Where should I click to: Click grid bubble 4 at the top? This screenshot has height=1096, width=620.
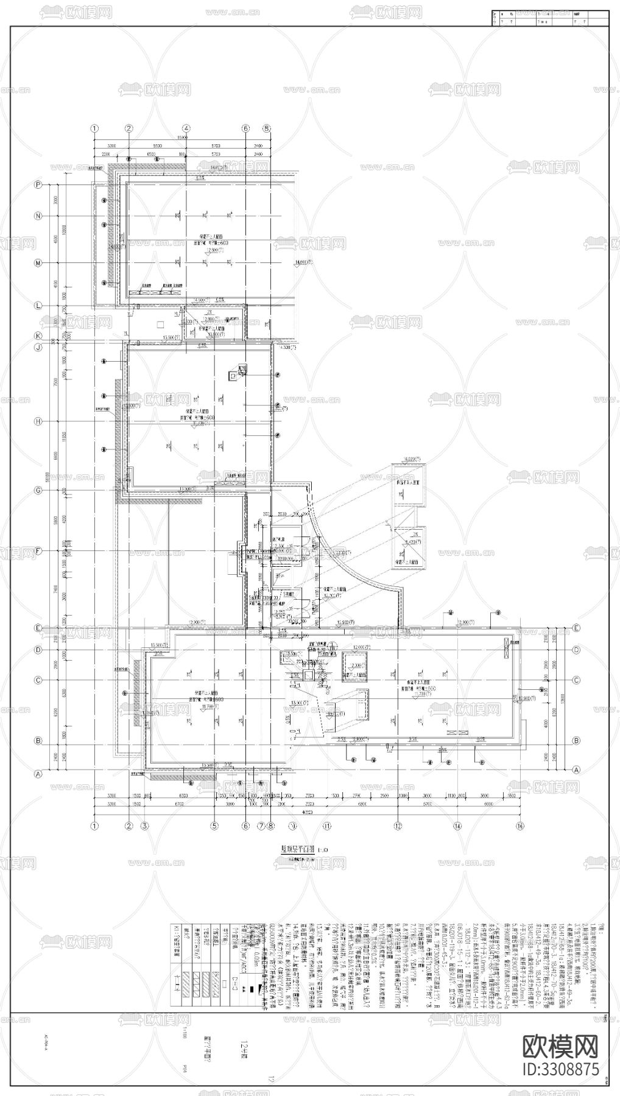186,128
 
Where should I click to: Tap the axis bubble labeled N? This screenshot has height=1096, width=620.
38,216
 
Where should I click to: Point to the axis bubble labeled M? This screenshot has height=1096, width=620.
38,263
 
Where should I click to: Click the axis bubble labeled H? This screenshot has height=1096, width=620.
38,421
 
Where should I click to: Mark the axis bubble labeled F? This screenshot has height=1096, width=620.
38,551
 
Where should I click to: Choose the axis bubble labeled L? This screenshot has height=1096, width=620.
38,305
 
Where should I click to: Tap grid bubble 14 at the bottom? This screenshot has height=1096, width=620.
457,826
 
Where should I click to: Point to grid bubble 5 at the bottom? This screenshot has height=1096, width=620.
214,826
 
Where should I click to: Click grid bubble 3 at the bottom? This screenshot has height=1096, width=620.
145,826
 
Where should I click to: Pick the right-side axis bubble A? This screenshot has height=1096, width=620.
576,769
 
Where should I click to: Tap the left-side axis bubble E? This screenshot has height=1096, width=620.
38,628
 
